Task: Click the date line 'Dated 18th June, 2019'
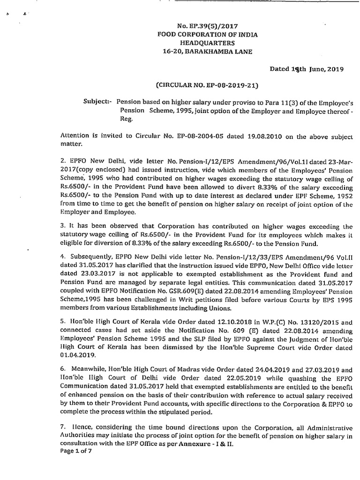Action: coord(307,69)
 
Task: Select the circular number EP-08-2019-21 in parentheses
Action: coord(207,86)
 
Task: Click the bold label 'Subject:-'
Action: coord(97,101)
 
